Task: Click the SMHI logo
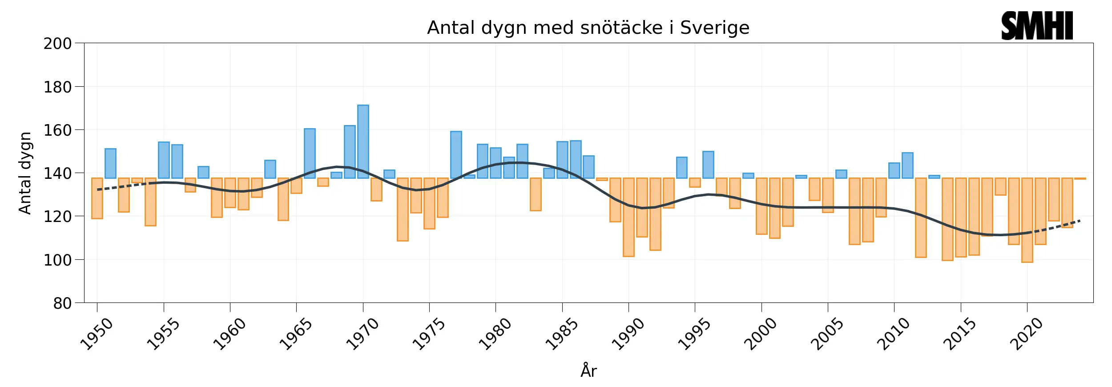tap(1037, 26)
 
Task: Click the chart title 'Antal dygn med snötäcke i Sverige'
tap(588, 28)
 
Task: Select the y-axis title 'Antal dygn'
tap(25, 173)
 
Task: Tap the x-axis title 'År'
tap(588, 371)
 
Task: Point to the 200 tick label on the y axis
tap(57, 44)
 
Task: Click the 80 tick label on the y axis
tap(62, 303)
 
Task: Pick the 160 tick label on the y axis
tap(57, 130)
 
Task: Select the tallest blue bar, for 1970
tap(363, 141)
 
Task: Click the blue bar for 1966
tap(310, 153)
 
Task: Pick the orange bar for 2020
tap(1027, 220)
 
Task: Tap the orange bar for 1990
tap(629, 217)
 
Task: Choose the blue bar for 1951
tap(110, 163)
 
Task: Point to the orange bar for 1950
tap(97, 198)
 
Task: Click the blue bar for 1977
tap(456, 155)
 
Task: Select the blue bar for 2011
tap(907, 165)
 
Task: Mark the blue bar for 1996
tap(708, 165)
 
